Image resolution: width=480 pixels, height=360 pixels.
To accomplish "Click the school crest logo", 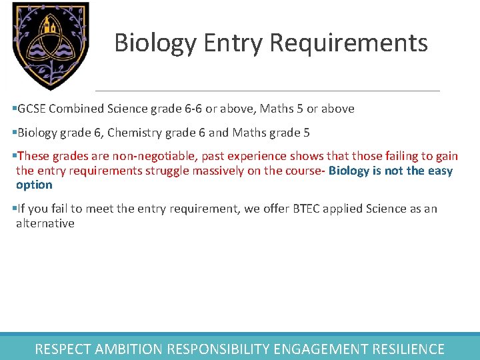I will pos(51,45).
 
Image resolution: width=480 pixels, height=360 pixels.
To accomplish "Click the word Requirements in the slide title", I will pos(349,43).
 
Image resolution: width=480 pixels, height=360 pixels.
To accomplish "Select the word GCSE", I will pos(31,108).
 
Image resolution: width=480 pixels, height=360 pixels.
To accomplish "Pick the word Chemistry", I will pos(133,133).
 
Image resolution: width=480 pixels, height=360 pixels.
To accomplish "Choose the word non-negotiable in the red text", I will pos(134,156).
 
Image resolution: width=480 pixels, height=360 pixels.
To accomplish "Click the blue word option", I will pos(34,185).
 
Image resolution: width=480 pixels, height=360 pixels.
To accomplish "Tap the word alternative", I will pos(45,223).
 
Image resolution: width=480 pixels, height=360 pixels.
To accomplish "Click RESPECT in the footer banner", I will pos(63,349).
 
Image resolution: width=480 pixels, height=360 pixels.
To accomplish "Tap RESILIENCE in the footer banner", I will pos(407,349).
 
